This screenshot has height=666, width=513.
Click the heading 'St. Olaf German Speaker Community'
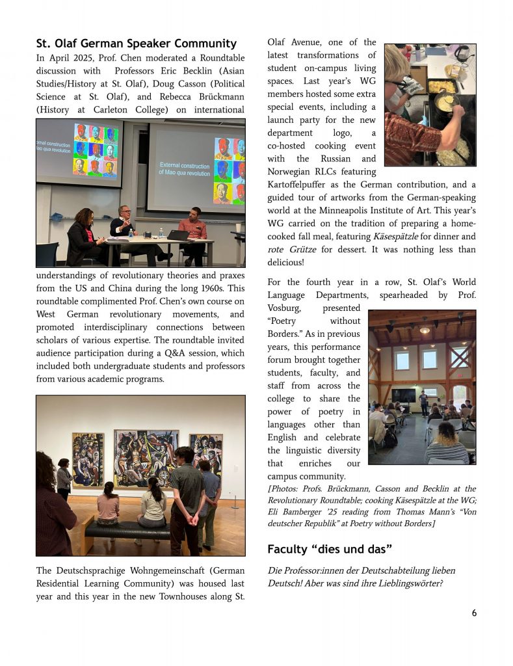pos(137,44)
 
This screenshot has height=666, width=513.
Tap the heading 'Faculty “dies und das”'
pos(330,550)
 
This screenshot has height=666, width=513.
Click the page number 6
pos(474,613)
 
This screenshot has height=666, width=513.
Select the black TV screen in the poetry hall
pos(402,395)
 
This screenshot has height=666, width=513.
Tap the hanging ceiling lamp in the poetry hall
pos(425,329)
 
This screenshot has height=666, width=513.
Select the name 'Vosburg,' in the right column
pos(286,308)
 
